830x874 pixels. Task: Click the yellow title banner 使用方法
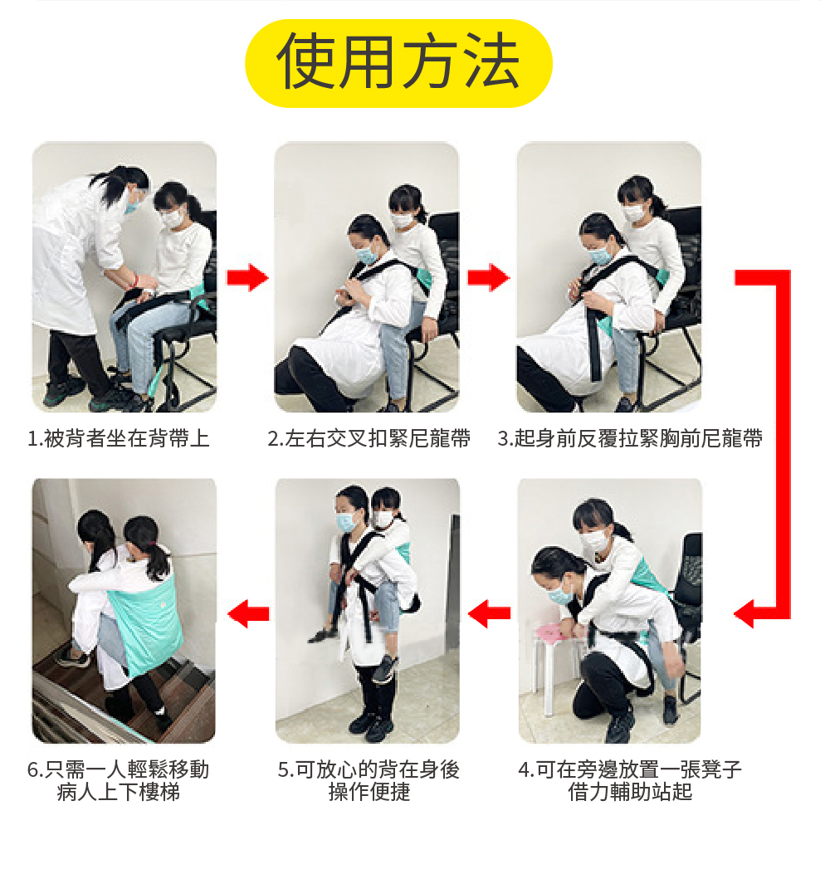tap(398, 63)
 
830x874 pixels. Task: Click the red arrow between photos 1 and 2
tap(247, 277)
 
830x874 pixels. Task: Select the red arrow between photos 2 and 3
tap(488, 277)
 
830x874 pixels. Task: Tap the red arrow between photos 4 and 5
tap(489, 613)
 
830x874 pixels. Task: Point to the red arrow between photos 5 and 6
tap(248, 613)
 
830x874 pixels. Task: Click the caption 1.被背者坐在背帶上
tap(118, 439)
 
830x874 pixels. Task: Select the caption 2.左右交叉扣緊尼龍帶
tap(369, 439)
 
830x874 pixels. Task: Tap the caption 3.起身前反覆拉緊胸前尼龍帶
tap(630, 439)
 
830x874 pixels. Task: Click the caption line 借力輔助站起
tap(630, 792)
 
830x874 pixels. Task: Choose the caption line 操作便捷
tap(369, 792)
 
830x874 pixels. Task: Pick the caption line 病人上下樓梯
tap(118, 792)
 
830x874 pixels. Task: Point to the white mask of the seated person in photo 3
tap(634, 213)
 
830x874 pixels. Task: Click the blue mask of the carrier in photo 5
tap(347, 522)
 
